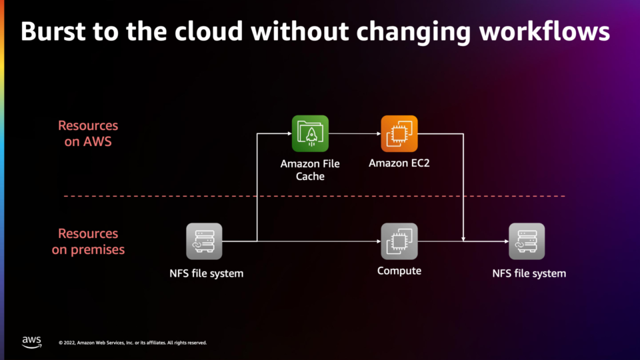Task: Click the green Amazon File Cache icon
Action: tap(310, 133)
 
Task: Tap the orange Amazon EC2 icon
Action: tap(399, 133)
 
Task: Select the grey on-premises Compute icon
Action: tap(399, 241)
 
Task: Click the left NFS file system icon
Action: tap(204, 241)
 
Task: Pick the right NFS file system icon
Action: tap(527, 241)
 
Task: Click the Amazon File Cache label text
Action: tap(310, 170)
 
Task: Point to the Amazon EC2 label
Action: tap(399, 163)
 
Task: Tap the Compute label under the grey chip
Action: tap(399, 271)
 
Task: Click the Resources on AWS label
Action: tap(88, 133)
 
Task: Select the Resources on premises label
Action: tap(88, 241)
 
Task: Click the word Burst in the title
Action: tap(53, 31)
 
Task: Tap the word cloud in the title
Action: tap(209, 31)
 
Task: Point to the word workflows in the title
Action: tap(545, 31)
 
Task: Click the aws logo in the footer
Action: tap(32, 342)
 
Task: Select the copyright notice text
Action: tap(133, 343)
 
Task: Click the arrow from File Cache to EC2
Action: tap(355, 133)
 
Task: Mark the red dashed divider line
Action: tap(314, 196)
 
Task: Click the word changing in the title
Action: tap(413, 32)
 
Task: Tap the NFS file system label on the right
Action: tap(529, 273)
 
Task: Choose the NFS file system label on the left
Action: tap(207, 273)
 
